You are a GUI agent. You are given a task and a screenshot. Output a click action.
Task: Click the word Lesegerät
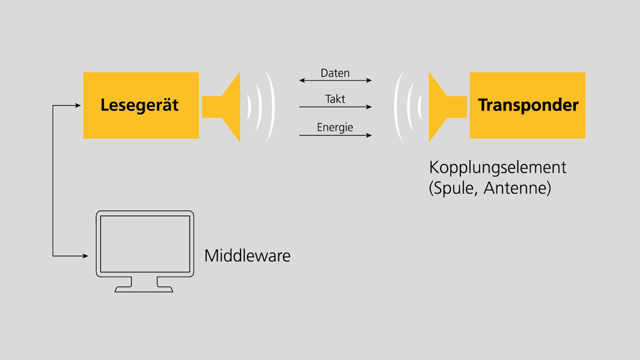(140, 105)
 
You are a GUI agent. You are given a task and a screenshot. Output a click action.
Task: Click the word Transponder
(528, 105)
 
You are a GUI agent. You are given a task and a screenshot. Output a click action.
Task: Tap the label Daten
(335, 73)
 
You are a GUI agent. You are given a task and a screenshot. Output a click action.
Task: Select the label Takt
(335, 99)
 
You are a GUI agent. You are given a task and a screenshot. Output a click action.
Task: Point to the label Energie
(335, 127)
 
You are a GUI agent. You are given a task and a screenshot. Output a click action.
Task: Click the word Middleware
(247, 256)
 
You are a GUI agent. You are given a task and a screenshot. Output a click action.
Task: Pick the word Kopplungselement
(497, 167)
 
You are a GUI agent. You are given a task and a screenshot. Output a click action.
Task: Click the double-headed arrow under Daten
(335, 80)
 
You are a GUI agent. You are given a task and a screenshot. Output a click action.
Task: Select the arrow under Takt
(335, 107)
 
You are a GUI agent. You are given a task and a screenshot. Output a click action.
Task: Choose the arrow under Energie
(335, 135)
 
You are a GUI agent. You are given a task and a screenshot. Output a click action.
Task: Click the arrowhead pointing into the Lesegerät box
(78, 105)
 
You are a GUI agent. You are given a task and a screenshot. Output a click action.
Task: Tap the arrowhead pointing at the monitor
(85, 256)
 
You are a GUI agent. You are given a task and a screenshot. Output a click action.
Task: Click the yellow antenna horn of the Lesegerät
(227, 107)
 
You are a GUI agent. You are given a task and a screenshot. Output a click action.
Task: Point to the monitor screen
(145, 244)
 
